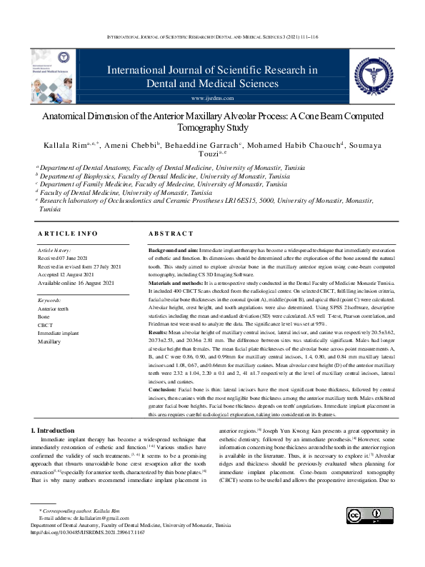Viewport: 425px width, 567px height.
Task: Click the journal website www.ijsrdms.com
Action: pos(212,97)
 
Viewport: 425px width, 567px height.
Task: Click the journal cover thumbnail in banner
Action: pos(51,74)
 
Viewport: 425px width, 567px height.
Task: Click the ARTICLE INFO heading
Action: pos(67,234)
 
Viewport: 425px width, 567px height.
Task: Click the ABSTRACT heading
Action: pos(171,234)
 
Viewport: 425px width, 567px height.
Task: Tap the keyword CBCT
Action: pos(45,325)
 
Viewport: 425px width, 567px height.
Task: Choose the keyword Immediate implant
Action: pos(59,333)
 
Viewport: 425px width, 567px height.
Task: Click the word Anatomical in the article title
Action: pos(67,116)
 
